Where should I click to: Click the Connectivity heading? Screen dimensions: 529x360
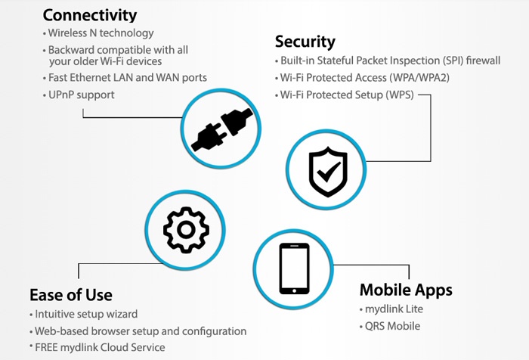pyautogui.click(x=90, y=16)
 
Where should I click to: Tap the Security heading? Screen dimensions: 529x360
pyautogui.click(x=305, y=42)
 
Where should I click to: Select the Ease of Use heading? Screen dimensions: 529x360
pyautogui.click(x=71, y=295)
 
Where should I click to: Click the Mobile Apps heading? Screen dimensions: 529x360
pyautogui.click(x=406, y=290)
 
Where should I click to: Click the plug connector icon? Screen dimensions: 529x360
pyautogui.click(x=221, y=129)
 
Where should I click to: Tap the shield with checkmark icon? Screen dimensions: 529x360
pyautogui.click(x=327, y=172)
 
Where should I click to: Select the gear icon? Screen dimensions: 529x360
pyautogui.click(x=186, y=230)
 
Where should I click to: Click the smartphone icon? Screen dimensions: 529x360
pyautogui.click(x=294, y=268)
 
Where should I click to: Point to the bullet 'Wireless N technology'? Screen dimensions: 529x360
pyautogui.click(x=101, y=33)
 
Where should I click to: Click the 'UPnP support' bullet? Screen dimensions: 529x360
pyautogui.click(x=82, y=95)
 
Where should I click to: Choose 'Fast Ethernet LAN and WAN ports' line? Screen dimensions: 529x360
pyautogui.click(x=128, y=78)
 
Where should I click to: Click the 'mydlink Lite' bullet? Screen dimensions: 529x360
pyautogui.click(x=394, y=309)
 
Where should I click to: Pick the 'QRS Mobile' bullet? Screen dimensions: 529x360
pyautogui.click(x=392, y=326)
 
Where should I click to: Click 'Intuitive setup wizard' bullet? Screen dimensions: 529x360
pyautogui.click(x=86, y=315)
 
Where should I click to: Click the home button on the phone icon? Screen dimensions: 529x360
pyautogui.click(x=294, y=290)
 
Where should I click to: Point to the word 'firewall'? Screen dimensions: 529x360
pyautogui.click(x=483, y=61)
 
